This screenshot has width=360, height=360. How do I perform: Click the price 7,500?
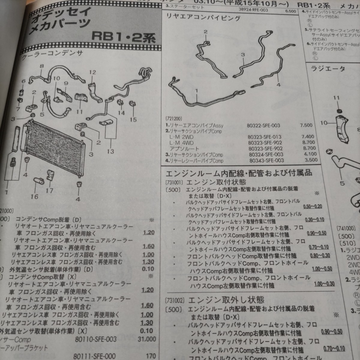(306, 125)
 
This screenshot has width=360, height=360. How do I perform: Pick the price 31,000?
(147, 340)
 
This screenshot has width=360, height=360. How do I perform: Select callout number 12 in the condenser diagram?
(92, 72)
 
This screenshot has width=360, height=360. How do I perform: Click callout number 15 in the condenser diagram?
(133, 120)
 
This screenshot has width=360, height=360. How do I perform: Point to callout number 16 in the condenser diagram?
(34, 197)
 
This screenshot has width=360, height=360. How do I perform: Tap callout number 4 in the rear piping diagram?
(278, 85)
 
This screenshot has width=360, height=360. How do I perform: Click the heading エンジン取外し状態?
(225, 300)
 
